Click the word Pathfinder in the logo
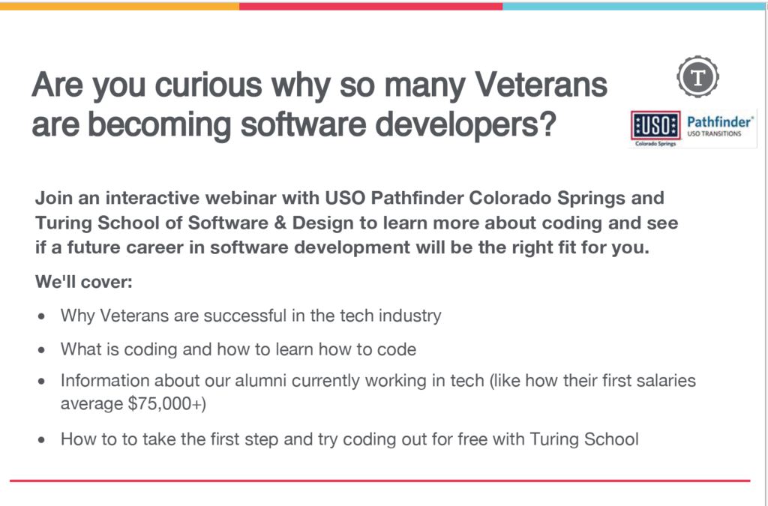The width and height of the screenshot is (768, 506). point(718,121)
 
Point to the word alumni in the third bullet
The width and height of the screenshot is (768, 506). point(277,381)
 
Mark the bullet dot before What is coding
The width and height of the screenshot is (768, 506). point(42,350)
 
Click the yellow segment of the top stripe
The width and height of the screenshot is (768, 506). point(120,5)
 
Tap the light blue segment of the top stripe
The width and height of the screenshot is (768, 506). point(634,5)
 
